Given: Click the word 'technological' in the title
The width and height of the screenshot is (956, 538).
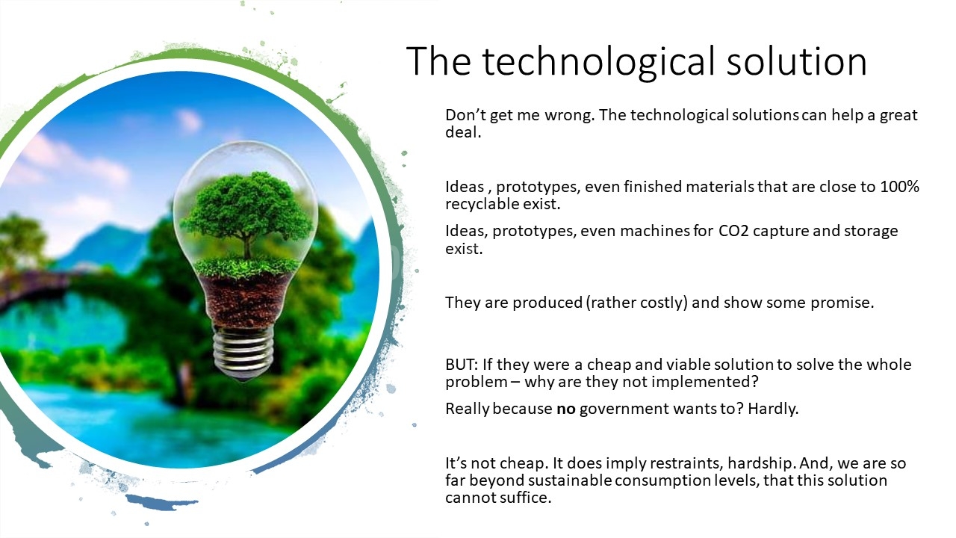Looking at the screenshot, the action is (x=598, y=62).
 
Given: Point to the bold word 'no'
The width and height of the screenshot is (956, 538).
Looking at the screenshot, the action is (x=566, y=409).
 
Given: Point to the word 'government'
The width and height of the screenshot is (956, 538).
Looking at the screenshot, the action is (x=624, y=409).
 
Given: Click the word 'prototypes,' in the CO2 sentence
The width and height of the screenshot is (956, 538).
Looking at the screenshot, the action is (x=534, y=232).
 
